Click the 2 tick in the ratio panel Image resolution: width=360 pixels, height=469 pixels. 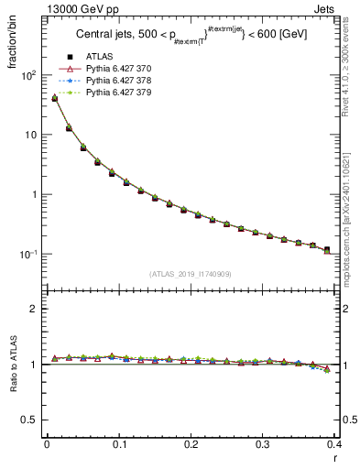38,309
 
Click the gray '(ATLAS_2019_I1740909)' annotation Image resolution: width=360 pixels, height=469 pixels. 189,274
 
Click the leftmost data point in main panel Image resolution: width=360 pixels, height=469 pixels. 54,97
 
